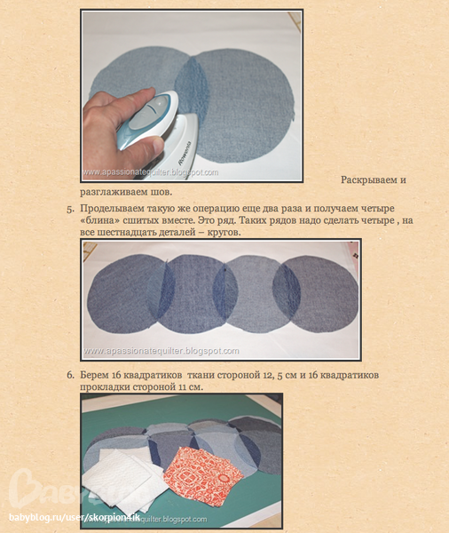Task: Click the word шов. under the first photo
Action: tap(161, 192)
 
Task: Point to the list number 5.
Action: tap(70, 209)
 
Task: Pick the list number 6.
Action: tap(70, 375)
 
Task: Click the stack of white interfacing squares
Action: tap(126, 479)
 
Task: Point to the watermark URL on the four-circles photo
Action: tap(161, 351)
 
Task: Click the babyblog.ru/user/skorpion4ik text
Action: tap(75, 518)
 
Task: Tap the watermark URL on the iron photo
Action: tap(151, 172)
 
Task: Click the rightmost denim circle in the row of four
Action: tap(315, 294)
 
